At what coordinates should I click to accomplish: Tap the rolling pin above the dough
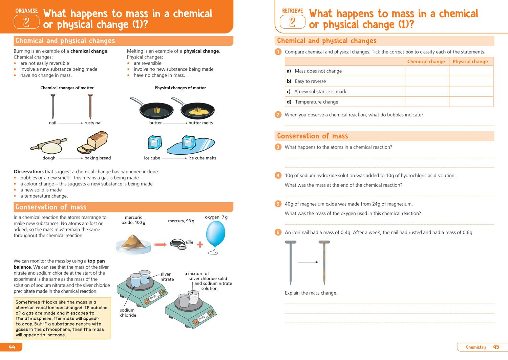pyautogui.click(x=48, y=144)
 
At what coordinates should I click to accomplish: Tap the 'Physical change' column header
pyautogui.click(x=470, y=62)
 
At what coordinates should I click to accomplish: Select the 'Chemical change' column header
pyautogui.click(x=426, y=62)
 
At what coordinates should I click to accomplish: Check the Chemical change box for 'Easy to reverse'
pyautogui.click(x=427, y=81)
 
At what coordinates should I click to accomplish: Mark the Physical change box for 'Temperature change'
pyautogui.click(x=471, y=102)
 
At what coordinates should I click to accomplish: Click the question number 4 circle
pyautogui.click(x=278, y=175)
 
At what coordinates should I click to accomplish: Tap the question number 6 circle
pyautogui.click(x=278, y=232)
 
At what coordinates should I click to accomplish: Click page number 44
pyautogui.click(x=12, y=347)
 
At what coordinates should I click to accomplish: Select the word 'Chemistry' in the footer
pyautogui.click(x=475, y=347)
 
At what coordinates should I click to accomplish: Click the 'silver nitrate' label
pyautogui.click(x=167, y=277)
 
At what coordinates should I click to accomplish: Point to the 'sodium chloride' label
pyautogui.click(x=128, y=313)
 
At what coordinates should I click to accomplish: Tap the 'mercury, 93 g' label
pyautogui.click(x=181, y=221)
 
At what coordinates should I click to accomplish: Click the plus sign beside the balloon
pyautogui.click(x=200, y=244)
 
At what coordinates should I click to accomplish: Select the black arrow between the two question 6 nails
pyautogui.click(x=308, y=262)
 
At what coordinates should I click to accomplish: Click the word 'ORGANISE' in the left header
pyautogui.click(x=26, y=11)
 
